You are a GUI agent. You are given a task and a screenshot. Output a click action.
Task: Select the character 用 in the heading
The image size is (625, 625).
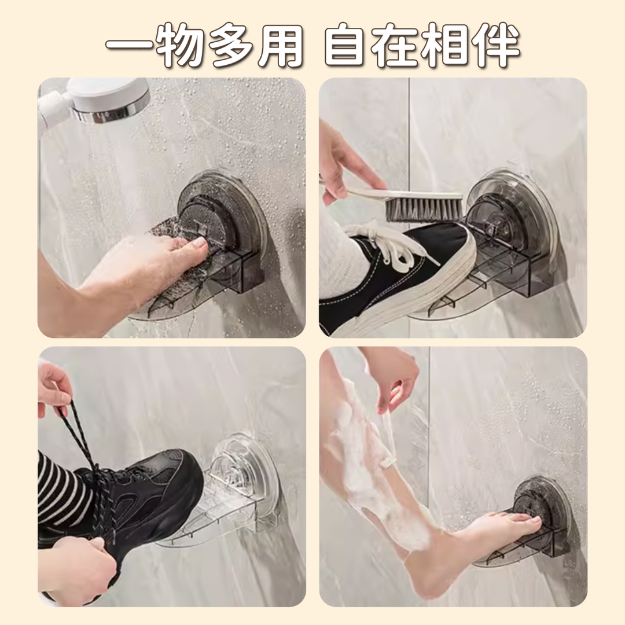tap(281, 45)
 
